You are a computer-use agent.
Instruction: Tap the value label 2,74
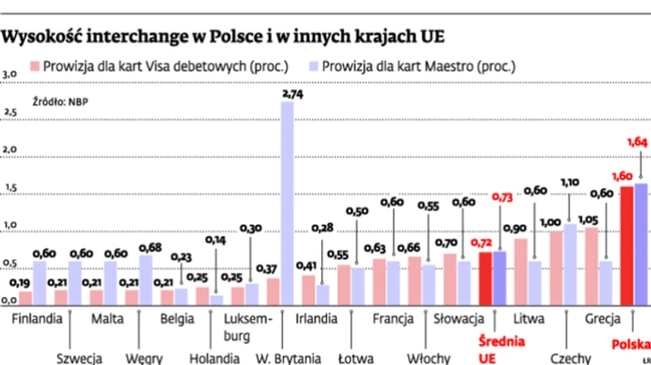click(x=292, y=95)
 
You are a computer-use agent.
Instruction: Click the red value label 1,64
click(x=638, y=142)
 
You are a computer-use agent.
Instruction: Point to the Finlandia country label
click(x=36, y=318)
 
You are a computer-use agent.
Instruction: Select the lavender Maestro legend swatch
click(x=312, y=66)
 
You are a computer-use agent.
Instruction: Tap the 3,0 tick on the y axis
click(x=9, y=74)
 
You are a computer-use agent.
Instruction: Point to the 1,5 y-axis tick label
click(x=9, y=189)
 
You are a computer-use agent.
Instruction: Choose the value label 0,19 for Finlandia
click(x=20, y=283)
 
